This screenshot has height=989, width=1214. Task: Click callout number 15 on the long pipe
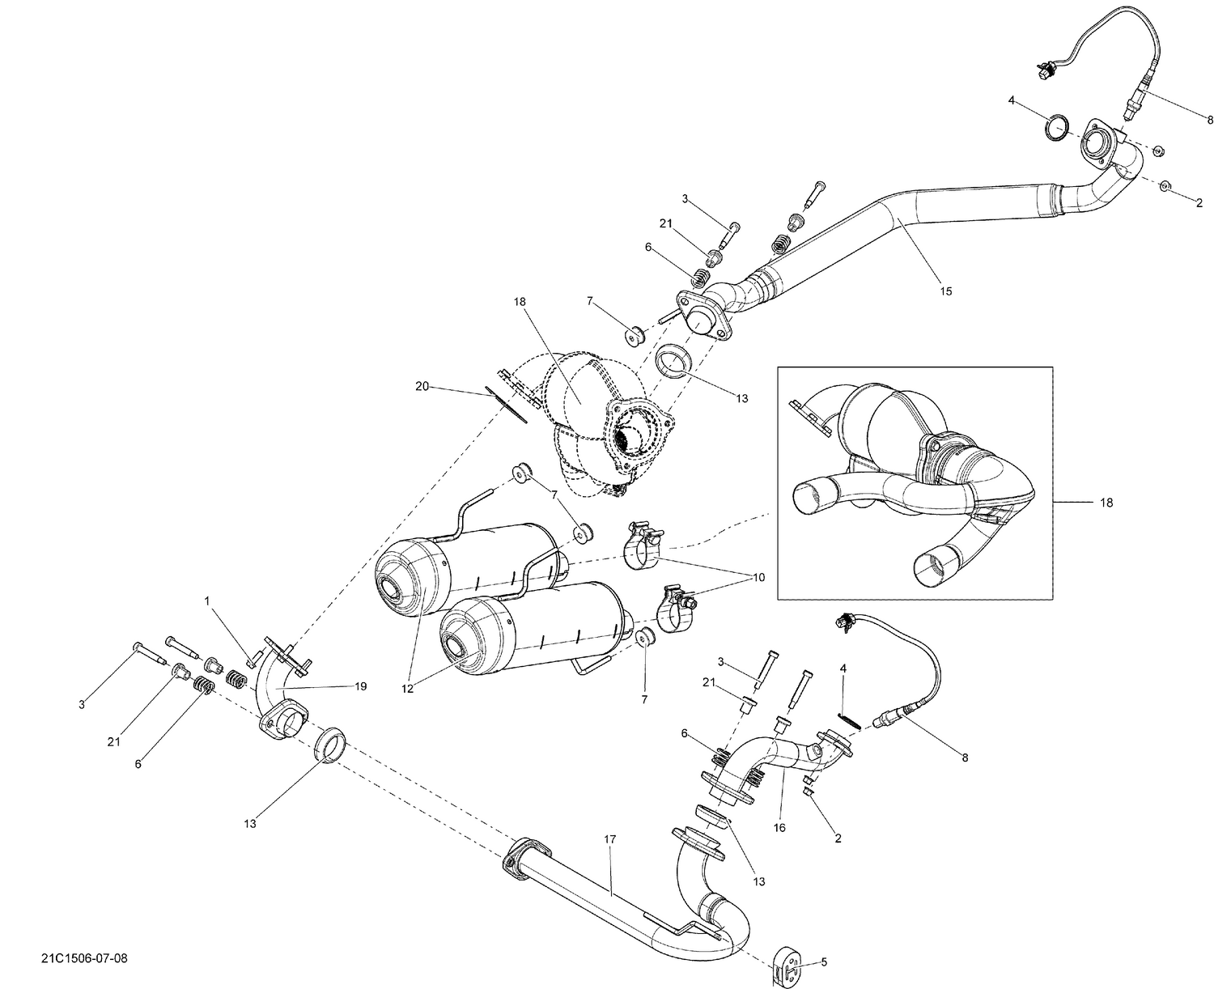pos(945,291)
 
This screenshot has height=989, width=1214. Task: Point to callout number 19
pos(360,686)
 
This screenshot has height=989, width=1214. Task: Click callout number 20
pos(421,387)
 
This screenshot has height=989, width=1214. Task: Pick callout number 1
pos(207,601)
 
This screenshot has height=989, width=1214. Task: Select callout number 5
pos(824,962)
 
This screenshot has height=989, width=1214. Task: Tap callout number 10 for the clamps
pos(758,578)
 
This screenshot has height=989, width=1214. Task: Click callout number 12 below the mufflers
pos(407,689)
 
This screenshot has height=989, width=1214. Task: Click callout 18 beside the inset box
pos(1106,503)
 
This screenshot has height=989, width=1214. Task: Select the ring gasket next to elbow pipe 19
pos(330,743)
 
